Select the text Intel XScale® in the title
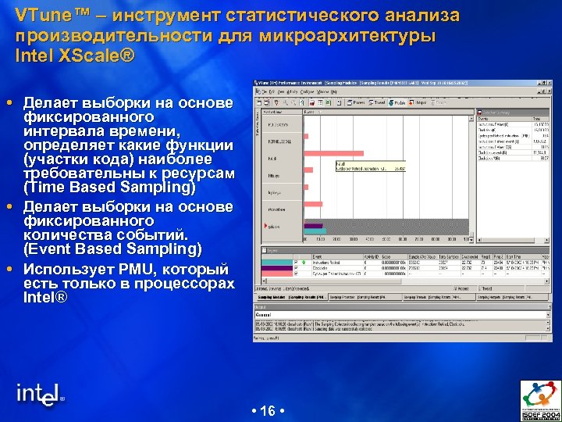[75, 56]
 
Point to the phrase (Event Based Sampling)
[112, 249]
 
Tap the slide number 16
[268, 411]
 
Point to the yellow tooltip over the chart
[370, 166]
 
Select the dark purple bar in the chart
[312, 227]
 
